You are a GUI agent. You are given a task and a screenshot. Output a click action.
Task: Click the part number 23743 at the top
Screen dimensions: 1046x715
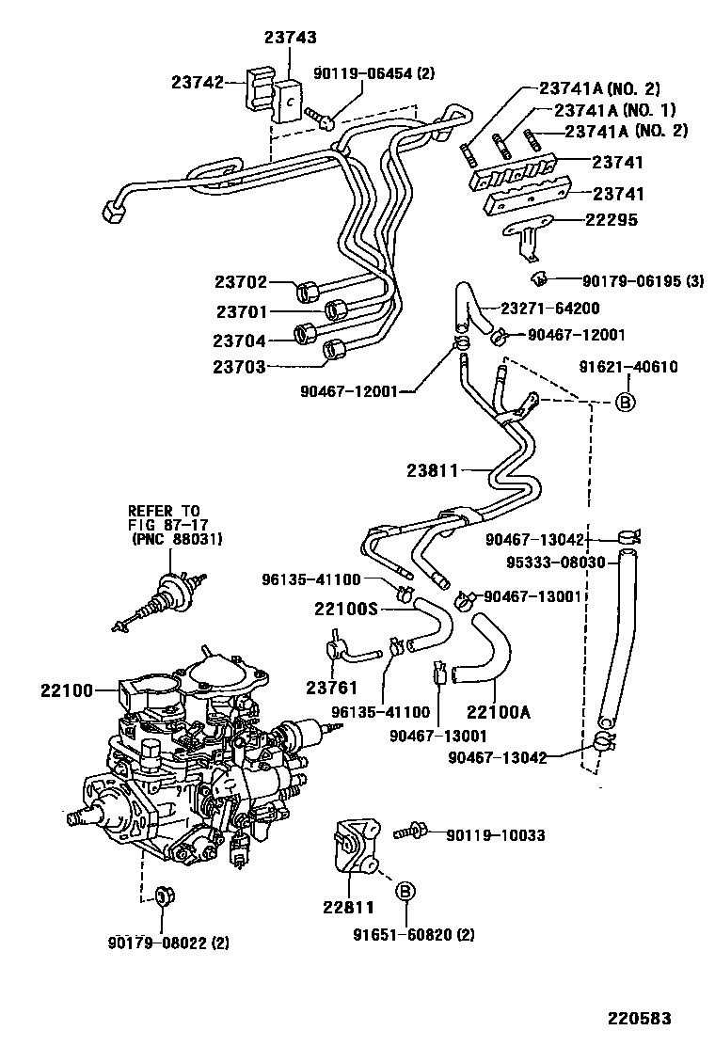[x=290, y=38]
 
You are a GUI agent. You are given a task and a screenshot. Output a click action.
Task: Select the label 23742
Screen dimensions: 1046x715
[x=198, y=82]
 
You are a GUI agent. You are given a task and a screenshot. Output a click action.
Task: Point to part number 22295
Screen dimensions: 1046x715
[x=612, y=220]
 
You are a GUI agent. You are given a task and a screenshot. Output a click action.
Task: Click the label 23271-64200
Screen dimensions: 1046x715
[x=549, y=308]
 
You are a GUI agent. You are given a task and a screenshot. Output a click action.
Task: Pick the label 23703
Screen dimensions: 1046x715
[x=240, y=367]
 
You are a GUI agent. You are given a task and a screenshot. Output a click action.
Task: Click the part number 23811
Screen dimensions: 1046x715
[x=434, y=468]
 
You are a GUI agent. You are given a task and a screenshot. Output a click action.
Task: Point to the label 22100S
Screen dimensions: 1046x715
[x=346, y=609]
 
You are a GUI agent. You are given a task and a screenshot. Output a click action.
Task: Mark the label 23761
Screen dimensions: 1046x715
[x=326, y=686]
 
